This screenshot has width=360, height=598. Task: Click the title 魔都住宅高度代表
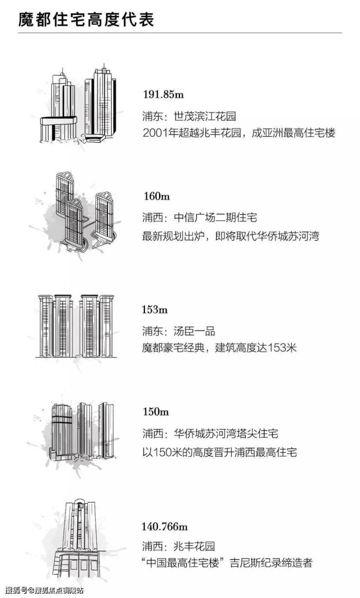tap(86, 19)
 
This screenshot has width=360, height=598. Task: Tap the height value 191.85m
tap(163, 94)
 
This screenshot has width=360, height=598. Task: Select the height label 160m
tap(157, 196)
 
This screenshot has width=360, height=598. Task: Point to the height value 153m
tap(155, 309)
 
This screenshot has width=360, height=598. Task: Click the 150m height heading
tap(156, 411)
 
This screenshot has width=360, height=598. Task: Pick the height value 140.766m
tap(164, 526)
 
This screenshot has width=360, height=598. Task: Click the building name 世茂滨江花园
tap(205, 116)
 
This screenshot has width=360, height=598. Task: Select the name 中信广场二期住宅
tap(216, 217)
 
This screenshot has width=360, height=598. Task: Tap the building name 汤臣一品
tap(194, 331)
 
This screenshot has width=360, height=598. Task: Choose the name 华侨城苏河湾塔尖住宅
tap(226, 433)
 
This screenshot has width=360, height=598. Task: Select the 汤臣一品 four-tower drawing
tap(76, 326)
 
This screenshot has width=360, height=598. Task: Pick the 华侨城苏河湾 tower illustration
tap(82, 432)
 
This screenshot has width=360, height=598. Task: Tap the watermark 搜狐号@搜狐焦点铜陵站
tap(44, 590)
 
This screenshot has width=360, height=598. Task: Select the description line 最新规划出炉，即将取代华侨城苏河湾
tap(231, 236)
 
